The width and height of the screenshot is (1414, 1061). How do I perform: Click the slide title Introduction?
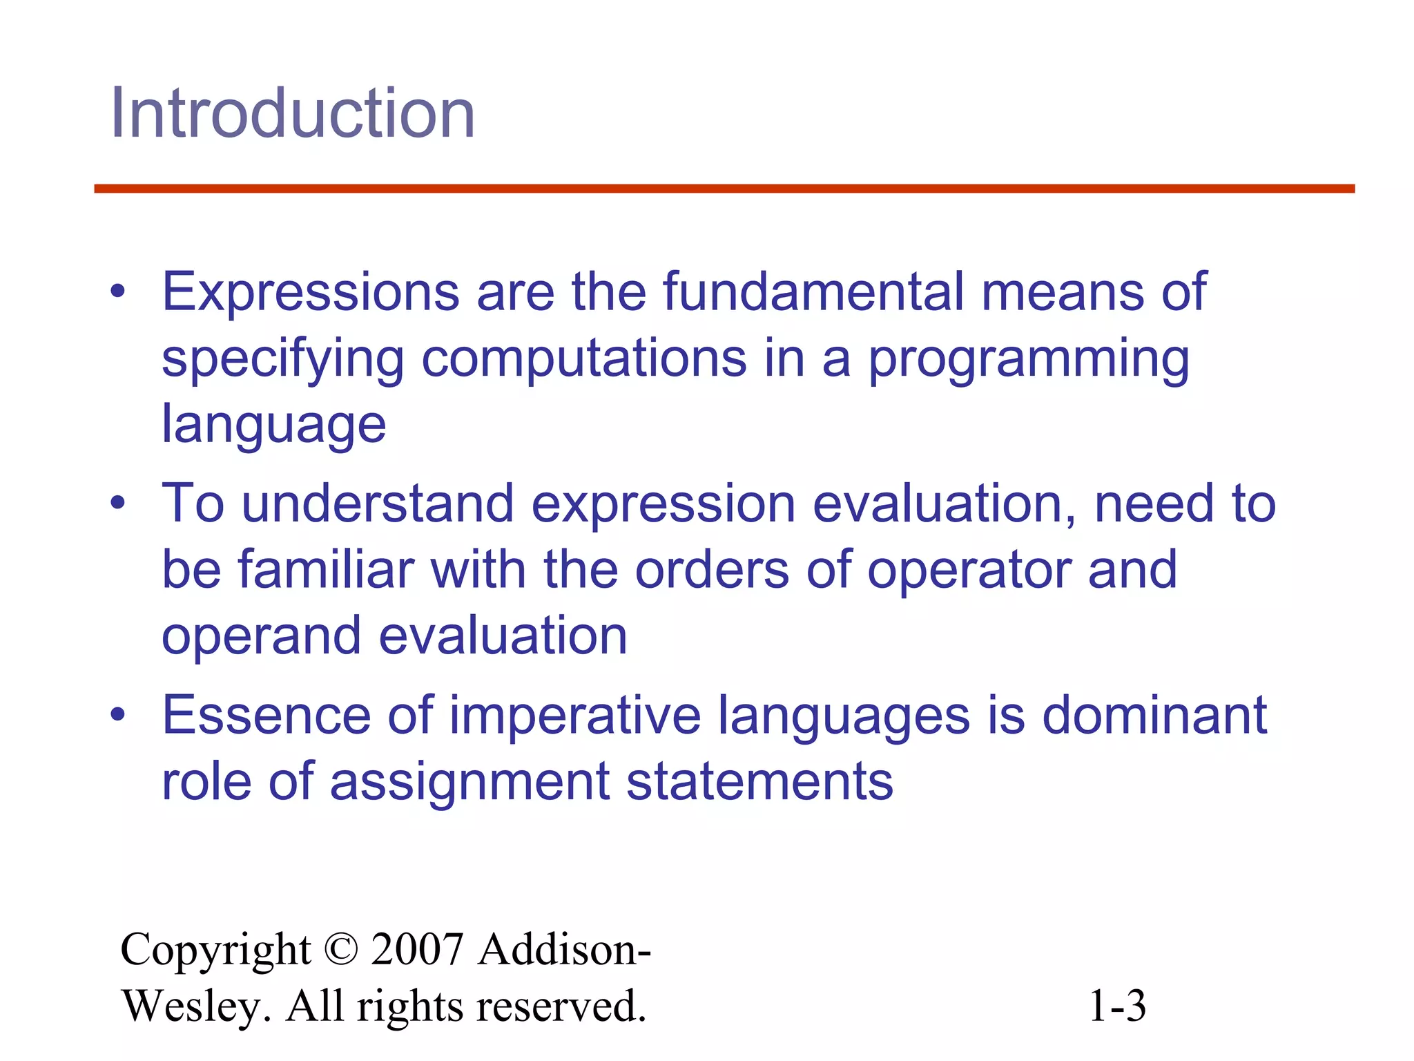click(293, 113)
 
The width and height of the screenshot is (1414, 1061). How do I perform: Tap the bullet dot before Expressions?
click(118, 292)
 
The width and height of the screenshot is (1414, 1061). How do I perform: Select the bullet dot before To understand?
click(118, 504)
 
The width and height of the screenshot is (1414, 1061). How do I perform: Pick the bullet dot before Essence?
click(118, 715)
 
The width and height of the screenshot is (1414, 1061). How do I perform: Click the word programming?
click(1029, 359)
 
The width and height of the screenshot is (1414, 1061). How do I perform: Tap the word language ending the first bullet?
click(273, 424)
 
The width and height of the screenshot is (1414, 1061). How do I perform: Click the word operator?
click(969, 571)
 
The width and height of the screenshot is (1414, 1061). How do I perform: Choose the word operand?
click(261, 635)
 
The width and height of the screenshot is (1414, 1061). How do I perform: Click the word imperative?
click(575, 716)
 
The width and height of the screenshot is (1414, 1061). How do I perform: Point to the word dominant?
click(1154, 714)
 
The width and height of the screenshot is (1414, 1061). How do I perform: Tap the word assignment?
click(470, 782)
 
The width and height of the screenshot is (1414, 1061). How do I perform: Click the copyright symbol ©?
click(340, 949)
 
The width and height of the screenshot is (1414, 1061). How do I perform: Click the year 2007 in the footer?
click(417, 949)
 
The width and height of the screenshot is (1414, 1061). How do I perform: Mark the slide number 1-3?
click(1116, 1006)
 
